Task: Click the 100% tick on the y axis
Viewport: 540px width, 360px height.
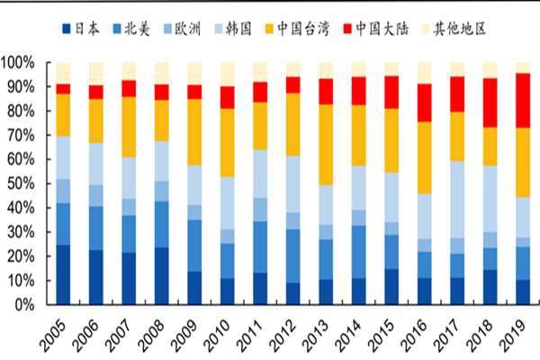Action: (22, 63)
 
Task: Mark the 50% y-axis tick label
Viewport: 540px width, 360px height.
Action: (25, 184)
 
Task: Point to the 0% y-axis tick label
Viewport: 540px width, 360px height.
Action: (30, 305)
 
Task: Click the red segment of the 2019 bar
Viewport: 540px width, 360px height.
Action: (522, 101)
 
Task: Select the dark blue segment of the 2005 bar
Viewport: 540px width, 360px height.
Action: (64, 274)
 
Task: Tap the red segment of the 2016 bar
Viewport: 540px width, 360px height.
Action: (425, 103)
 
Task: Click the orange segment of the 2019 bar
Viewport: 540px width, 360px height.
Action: (522, 163)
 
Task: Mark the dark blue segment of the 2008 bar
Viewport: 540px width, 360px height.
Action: (162, 276)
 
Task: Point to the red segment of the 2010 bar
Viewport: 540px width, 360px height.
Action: (227, 97)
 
